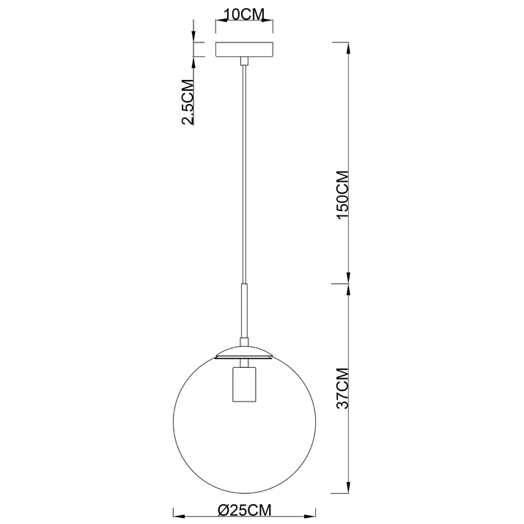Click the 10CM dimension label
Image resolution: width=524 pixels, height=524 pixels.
click(x=243, y=15)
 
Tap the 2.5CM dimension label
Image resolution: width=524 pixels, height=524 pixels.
click(x=188, y=102)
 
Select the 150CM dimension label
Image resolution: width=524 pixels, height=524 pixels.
click(x=343, y=195)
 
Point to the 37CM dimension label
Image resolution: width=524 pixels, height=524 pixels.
click(x=343, y=388)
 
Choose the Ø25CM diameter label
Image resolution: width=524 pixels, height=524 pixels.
click(x=244, y=510)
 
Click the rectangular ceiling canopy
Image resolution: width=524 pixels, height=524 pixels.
click(x=244, y=49)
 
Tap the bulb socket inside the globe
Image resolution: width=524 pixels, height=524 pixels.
click(x=244, y=384)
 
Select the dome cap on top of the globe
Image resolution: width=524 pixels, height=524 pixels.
click(x=244, y=353)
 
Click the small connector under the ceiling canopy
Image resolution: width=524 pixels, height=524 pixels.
click(x=244, y=61)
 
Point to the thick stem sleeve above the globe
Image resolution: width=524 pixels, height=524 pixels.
click(x=244, y=311)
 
